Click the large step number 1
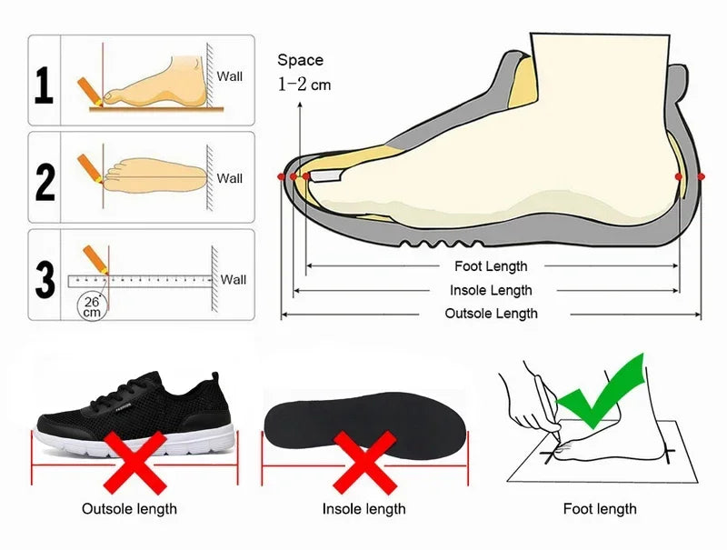click(x=44, y=85)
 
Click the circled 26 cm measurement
click(x=91, y=305)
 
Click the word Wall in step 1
click(x=229, y=76)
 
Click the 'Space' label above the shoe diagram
click(x=300, y=60)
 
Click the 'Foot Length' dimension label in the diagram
click(x=491, y=266)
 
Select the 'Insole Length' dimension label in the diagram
click(x=491, y=290)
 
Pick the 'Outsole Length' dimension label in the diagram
click(x=491, y=314)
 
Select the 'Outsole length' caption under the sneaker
click(x=129, y=509)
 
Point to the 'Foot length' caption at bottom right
click(x=600, y=509)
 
